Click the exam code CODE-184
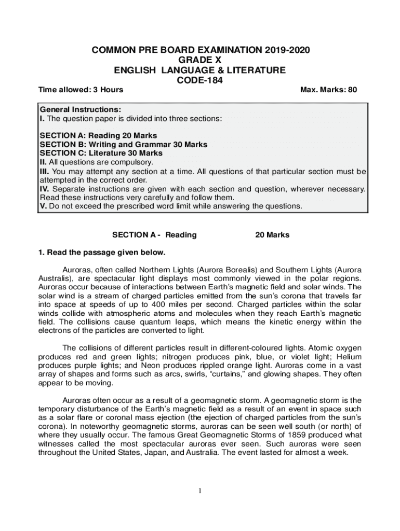coord(200,79)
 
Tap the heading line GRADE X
coord(200,60)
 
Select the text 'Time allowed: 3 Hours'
coord(81,90)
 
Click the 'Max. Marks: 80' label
coord(329,90)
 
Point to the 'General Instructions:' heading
coord(81,110)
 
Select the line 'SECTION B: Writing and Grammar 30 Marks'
coord(124,145)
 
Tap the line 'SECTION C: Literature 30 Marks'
coord(101,153)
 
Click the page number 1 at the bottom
coord(200,492)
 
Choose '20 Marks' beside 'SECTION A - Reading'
coord(272,235)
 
